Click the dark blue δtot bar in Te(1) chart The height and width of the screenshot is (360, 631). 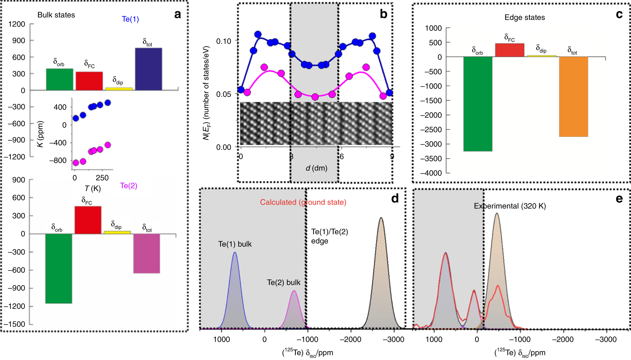(148, 69)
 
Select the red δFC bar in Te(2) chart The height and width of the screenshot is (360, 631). (88, 220)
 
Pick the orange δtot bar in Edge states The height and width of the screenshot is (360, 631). (573, 97)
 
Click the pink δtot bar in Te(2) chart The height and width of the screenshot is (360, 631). (147, 254)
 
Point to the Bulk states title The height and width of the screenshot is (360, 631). (56, 15)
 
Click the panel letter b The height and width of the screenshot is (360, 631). (383, 14)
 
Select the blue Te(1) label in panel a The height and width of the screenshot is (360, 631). (130, 19)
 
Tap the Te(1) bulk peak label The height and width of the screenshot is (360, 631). (235, 244)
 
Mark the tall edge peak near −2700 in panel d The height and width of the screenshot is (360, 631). (381, 277)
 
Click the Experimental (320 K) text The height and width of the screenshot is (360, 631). (510, 206)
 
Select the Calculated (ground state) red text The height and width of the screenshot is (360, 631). (303, 202)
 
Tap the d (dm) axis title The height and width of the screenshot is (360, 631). (316, 168)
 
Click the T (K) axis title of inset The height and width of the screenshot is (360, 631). (93, 188)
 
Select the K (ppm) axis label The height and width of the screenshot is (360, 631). (40, 134)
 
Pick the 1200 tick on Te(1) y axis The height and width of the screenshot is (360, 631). (17, 24)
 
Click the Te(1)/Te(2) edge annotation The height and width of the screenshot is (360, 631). (329, 236)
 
